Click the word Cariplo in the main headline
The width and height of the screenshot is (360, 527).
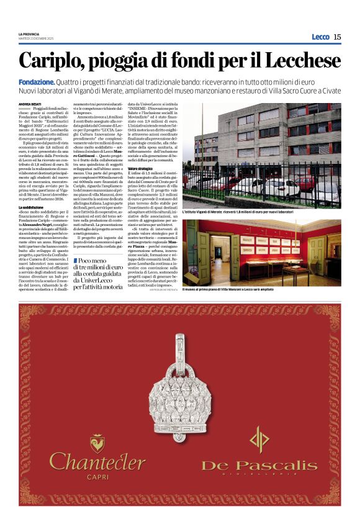point(51,61)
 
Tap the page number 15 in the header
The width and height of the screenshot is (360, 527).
point(337,37)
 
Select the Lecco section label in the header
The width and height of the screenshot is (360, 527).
point(320,37)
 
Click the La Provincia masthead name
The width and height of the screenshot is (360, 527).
point(28,34)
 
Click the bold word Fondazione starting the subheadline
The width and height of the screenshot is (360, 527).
point(36,81)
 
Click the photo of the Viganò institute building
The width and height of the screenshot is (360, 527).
point(271,155)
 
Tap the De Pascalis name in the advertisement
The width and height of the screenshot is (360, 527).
point(259,464)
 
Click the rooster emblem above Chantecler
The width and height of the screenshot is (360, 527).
point(97,441)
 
